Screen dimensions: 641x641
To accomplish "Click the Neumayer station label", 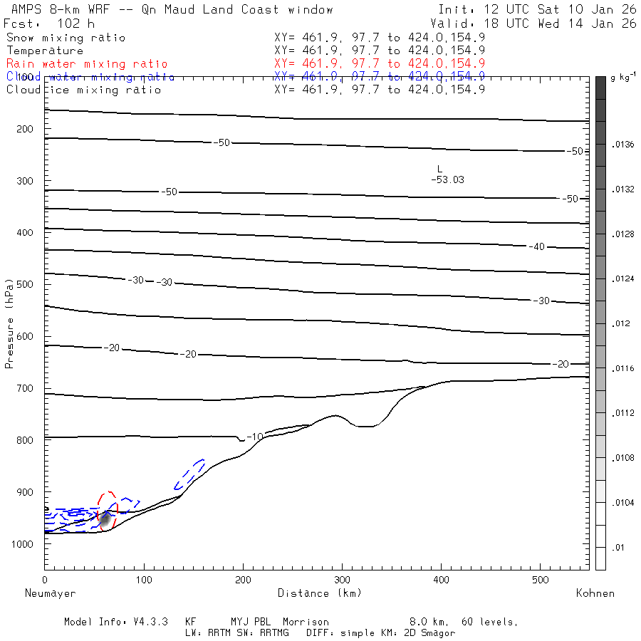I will (x=51, y=593).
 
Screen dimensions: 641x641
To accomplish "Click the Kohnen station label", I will (x=595, y=593).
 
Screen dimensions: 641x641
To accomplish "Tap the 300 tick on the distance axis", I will (x=343, y=580).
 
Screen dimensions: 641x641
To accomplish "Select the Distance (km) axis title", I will (x=320, y=593).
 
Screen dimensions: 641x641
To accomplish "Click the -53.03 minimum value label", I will (x=447, y=180).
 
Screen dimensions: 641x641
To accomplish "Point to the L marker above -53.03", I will (x=440, y=169).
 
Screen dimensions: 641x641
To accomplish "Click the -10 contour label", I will (x=255, y=436).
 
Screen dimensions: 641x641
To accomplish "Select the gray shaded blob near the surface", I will (x=105, y=520).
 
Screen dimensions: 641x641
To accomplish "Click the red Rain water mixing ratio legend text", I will (x=87, y=64).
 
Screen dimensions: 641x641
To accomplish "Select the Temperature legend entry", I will (x=45, y=51).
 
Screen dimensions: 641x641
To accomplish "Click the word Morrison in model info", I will (x=306, y=622).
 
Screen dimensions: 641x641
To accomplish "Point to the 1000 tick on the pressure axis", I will (x=24, y=543).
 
